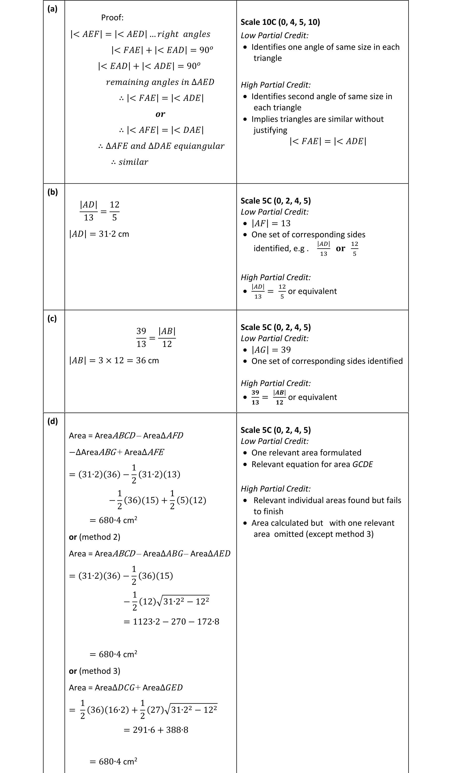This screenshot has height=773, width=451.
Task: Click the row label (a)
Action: (52, 9)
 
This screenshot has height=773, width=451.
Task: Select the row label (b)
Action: (53, 192)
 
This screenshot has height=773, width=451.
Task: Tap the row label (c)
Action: (52, 318)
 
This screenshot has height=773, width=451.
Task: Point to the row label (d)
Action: (53, 421)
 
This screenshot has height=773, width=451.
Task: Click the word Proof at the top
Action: (112, 18)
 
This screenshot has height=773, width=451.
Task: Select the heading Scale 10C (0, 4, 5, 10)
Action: (280, 22)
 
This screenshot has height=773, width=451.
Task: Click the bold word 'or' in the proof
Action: (160, 114)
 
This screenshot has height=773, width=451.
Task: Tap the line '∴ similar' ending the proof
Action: (130, 162)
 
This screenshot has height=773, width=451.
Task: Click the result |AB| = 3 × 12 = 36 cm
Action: (114, 360)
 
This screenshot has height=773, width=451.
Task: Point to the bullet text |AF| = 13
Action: (271, 223)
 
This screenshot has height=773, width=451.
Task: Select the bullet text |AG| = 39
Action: (271, 350)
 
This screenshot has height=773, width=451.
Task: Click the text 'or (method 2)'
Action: (95, 537)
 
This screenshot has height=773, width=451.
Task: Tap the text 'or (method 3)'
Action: (95, 671)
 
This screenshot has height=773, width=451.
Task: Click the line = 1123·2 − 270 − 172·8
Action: (171, 622)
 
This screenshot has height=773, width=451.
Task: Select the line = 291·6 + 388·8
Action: (156, 730)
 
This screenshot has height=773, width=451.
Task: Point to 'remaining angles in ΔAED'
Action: (160, 82)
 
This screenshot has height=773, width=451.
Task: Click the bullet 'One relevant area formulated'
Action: (306, 453)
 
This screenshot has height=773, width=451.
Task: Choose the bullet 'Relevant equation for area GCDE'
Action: (312, 464)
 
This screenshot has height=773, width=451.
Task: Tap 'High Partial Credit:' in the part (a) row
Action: (275, 85)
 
